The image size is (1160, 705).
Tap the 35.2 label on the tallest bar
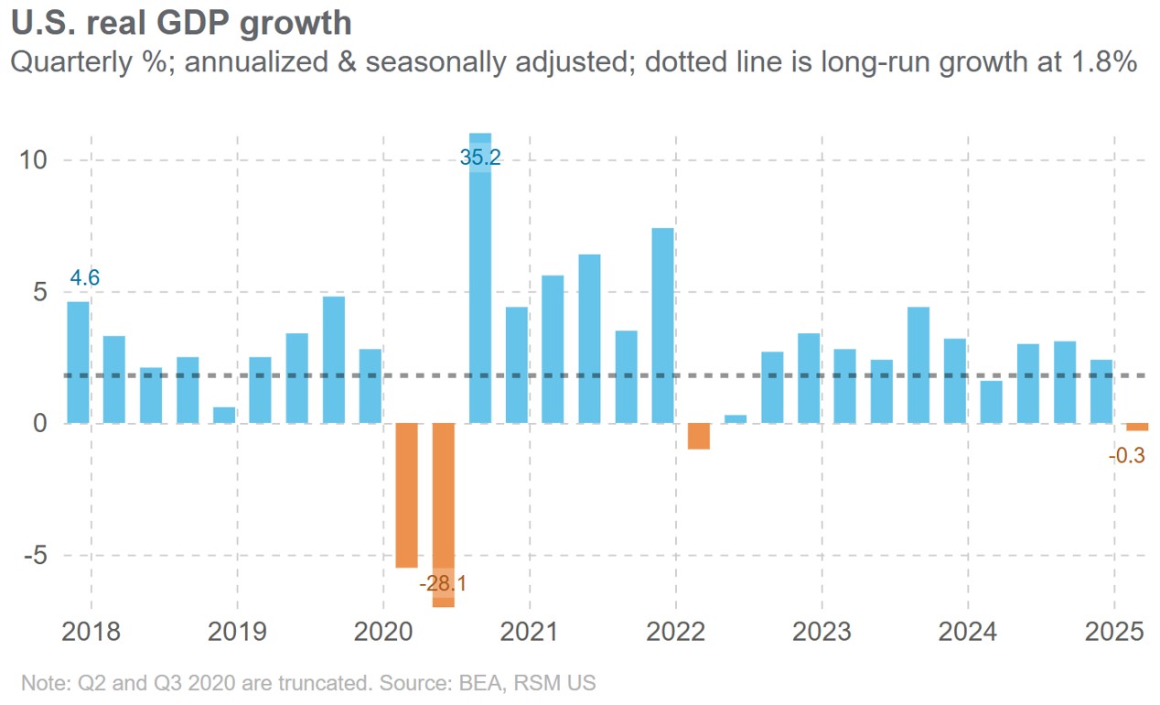coord(480,157)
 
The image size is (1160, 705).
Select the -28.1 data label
coord(443,583)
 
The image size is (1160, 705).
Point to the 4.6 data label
coord(85,277)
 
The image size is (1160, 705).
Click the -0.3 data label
coord(1126,455)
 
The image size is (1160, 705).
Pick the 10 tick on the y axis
coord(35,160)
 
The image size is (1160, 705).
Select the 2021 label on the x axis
coord(530,633)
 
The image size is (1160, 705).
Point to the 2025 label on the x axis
coord(1114,633)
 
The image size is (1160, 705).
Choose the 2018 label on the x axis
coord(91,633)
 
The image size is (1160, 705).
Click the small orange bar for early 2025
coord(1137,427)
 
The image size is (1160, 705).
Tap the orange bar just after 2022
coord(699,436)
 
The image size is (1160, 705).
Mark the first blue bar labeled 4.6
coord(79,363)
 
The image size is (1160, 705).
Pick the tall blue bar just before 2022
coord(663,325)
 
